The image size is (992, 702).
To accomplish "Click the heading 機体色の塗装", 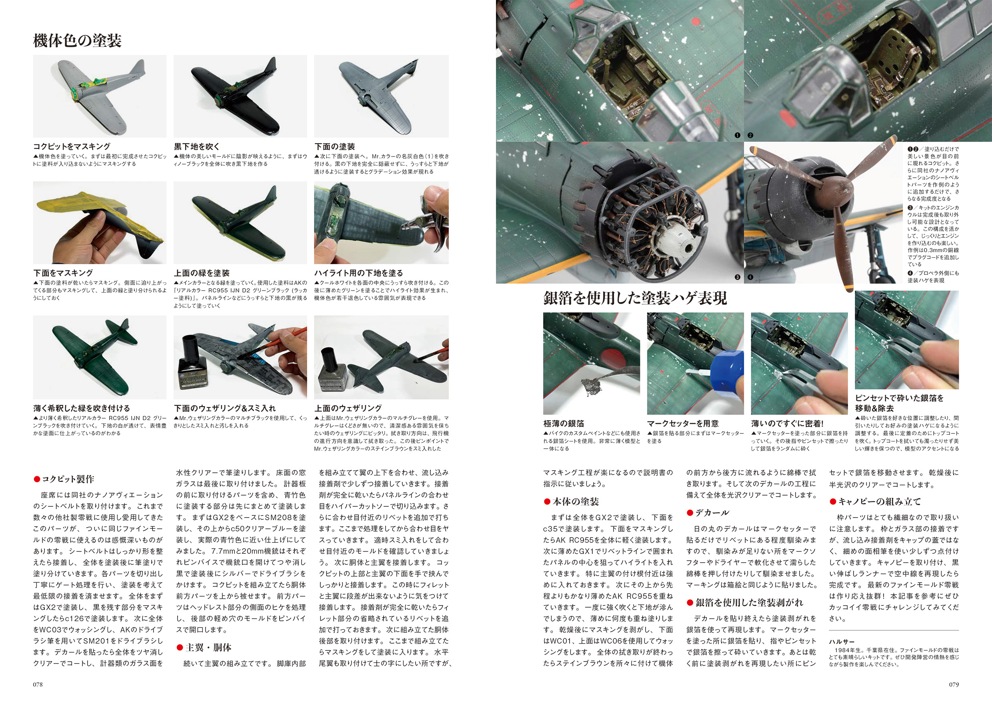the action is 77,41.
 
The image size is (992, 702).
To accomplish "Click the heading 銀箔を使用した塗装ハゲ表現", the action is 635,298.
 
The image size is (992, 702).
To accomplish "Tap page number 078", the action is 38,684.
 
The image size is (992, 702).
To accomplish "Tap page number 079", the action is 954,684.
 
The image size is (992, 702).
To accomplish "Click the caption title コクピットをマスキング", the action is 72,146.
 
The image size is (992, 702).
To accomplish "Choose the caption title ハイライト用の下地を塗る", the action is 359,273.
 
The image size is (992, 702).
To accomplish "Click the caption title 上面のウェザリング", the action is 348,408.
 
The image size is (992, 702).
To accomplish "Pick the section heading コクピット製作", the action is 64,479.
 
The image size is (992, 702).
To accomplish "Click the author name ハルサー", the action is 842,642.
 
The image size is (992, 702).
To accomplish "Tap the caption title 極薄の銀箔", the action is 564,423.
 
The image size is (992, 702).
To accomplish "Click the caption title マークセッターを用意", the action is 683,423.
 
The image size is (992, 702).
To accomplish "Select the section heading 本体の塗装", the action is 571,501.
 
